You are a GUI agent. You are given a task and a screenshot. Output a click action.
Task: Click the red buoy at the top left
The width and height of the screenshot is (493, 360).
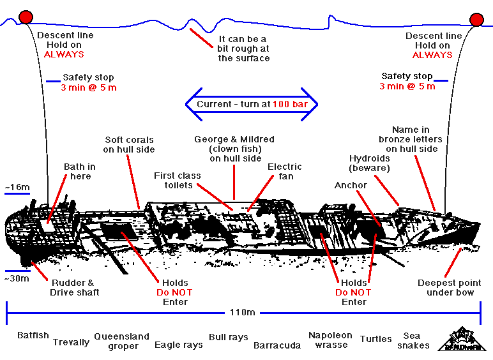tap(26, 17)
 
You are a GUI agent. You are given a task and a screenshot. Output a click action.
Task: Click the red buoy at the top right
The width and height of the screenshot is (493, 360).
tap(476, 19)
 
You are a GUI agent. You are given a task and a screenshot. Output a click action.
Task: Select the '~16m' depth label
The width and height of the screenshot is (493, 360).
tap(17, 187)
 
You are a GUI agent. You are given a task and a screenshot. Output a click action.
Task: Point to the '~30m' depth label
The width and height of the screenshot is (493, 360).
tap(17, 278)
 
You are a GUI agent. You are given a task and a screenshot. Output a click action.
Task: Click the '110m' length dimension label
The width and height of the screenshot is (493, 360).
tap(243, 313)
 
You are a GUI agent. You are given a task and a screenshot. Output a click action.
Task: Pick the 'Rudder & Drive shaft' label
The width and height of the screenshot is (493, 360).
tap(75, 288)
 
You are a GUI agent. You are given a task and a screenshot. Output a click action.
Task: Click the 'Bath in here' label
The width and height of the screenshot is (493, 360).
tap(80, 172)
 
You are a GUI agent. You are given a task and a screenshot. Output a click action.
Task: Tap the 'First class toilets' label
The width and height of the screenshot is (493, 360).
tap(178, 181)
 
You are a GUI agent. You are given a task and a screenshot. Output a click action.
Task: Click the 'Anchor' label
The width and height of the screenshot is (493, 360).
tap(351, 185)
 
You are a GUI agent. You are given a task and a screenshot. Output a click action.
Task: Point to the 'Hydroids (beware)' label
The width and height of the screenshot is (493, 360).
tap(370, 163)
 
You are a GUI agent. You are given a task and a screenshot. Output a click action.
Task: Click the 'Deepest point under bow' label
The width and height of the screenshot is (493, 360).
tap(450, 288)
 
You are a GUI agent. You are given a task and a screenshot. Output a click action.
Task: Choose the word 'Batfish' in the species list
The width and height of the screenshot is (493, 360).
tap(33, 335)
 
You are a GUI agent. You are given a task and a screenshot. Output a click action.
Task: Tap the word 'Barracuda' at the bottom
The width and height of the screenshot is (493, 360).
tap(277, 345)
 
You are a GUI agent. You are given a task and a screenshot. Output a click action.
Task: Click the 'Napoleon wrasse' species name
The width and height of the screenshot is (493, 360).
tap(331, 340)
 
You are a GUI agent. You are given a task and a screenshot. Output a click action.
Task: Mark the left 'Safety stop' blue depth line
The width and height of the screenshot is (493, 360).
tap(53, 81)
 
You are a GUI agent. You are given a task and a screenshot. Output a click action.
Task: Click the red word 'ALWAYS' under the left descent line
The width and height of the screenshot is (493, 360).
tap(64, 55)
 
